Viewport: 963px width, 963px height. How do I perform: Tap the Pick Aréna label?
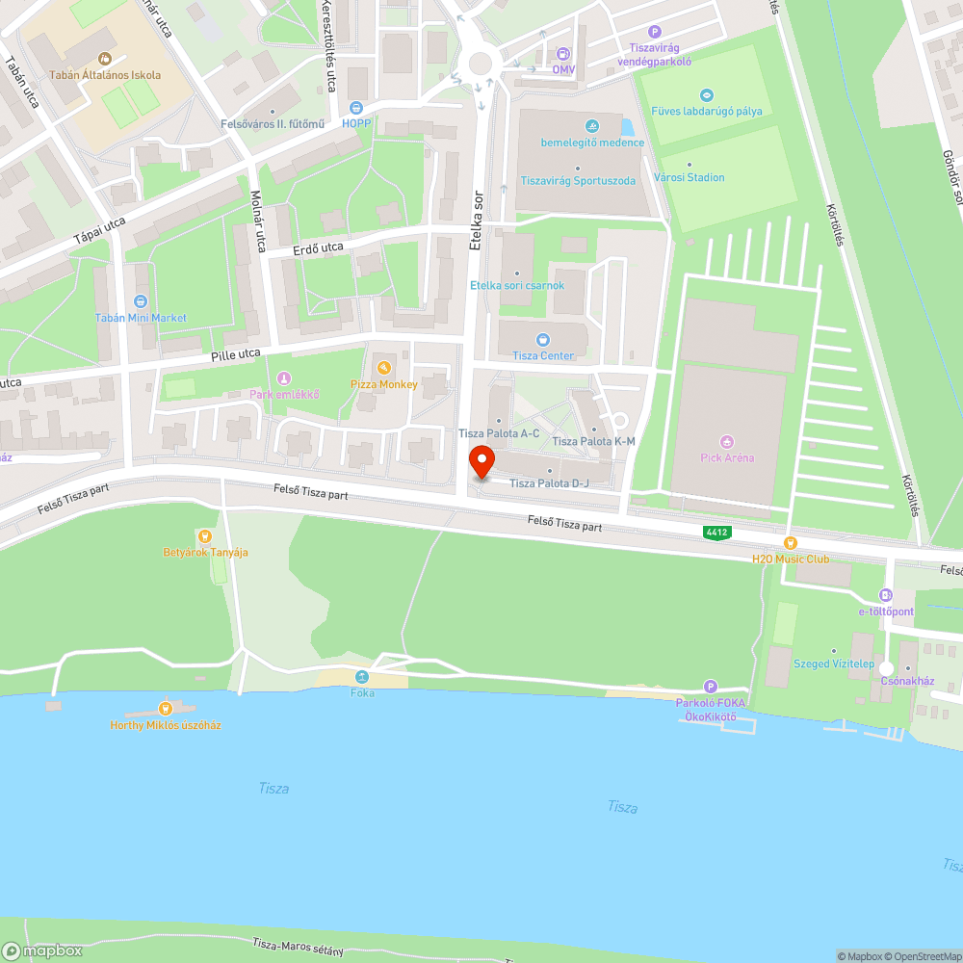tap(727, 457)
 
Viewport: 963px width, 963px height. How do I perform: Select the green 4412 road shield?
tap(716, 532)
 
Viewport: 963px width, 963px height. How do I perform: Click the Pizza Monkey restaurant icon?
tap(383, 368)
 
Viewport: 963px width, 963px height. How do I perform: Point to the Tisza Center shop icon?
tap(543, 339)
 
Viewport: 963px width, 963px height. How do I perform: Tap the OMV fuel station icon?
tap(563, 54)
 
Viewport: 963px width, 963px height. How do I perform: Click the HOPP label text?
tap(356, 124)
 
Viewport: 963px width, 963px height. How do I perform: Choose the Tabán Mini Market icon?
tap(141, 301)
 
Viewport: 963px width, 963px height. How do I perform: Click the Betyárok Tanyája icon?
tap(204, 535)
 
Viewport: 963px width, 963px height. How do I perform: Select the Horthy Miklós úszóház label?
tap(166, 725)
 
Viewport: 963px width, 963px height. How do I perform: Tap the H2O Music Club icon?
tap(791, 543)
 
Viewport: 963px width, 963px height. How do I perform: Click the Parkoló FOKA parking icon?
tap(711, 687)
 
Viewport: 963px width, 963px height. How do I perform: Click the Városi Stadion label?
tap(689, 177)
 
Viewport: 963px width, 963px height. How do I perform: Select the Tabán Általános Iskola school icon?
tap(105, 58)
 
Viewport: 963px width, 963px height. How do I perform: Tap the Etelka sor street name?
tap(474, 221)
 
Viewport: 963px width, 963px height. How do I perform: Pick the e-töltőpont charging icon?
tap(886, 595)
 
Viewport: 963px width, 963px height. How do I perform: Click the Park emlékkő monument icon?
tap(283, 377)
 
